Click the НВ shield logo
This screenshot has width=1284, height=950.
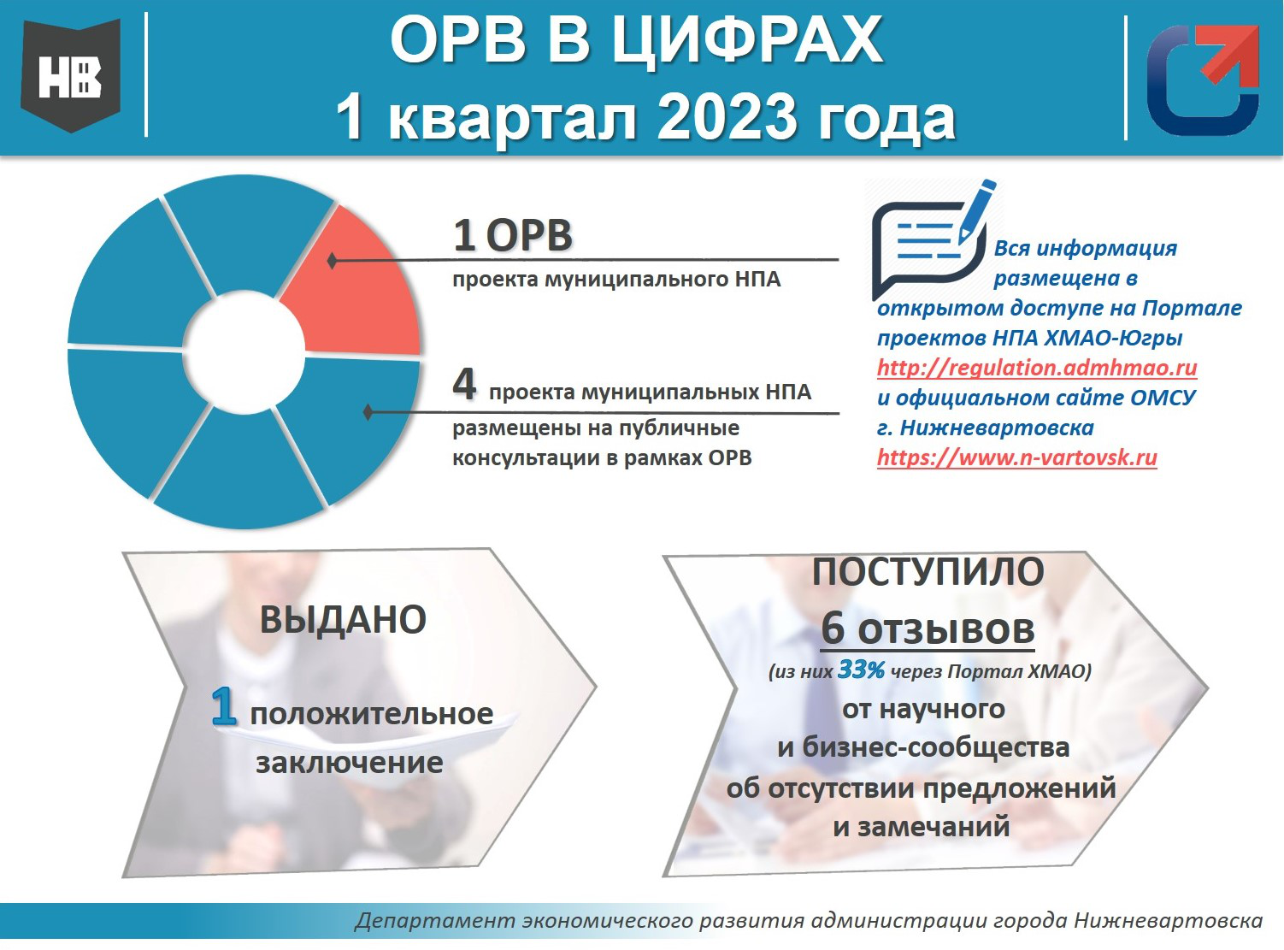coord(71,75)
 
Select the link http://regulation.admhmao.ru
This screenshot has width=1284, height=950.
coord(1037,368)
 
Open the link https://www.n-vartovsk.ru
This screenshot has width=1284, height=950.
coord(1017,457)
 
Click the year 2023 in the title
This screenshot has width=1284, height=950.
coord(727,118)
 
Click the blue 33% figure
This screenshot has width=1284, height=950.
coord(861,670)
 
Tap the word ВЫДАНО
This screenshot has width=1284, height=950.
coord(344,619)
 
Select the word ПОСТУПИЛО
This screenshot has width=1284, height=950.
coord(928,572)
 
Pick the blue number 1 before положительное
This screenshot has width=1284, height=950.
coord(225,706)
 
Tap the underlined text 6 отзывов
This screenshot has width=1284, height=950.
coord(928,629)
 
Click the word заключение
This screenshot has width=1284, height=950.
coord(350,763)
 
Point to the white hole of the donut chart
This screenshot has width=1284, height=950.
coord(244,352)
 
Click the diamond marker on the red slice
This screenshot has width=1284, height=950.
coord(332,261)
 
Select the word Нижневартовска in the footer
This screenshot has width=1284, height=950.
coord(1169,920)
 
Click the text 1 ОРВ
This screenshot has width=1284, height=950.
coord(513,236)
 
